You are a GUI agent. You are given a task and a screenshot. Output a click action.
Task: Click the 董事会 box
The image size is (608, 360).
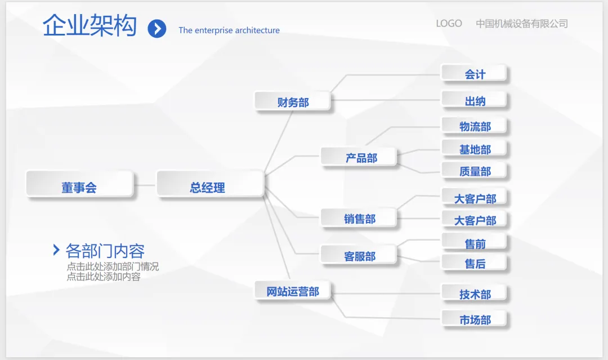(x=79, y=185)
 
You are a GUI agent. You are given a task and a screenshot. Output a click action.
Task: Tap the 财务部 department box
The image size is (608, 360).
(x=292, y=101)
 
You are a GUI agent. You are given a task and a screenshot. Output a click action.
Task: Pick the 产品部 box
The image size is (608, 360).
(x=359, y=157)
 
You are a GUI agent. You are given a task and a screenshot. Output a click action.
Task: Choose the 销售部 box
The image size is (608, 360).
(x=359, y=218)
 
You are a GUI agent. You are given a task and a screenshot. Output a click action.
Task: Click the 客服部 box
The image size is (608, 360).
(x=359, y=255)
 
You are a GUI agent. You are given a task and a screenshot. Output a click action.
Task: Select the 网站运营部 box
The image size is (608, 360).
(x=292, y=291)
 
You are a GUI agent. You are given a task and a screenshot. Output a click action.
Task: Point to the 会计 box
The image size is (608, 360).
(x=474, y=74)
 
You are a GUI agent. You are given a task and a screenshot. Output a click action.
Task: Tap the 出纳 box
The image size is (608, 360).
(x=474, y=100)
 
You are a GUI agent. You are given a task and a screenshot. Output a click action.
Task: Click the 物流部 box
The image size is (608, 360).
(x=474, y=126)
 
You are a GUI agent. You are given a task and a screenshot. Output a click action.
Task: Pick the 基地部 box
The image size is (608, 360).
(x=474, y=149)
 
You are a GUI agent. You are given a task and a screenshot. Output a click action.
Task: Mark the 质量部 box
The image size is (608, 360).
(x=474, y=171)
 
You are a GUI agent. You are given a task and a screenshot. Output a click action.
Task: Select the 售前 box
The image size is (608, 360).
(x=474, y=243)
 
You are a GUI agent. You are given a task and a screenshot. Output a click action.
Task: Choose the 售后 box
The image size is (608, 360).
(x=474, y=263)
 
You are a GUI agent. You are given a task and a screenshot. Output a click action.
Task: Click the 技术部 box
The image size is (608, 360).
(x=474, y=294)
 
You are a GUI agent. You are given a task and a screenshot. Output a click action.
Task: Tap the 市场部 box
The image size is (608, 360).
(x=474, y=319)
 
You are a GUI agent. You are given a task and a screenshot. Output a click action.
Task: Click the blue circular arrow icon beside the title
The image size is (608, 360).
(x=157, y=28)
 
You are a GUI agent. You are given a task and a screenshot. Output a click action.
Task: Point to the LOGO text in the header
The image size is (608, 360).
(x=449, y=24)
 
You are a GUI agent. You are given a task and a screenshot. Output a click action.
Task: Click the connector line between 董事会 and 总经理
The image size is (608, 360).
(x=145, y=185)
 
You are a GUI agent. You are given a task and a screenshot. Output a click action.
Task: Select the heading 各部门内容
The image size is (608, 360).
(x=105, y=250)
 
